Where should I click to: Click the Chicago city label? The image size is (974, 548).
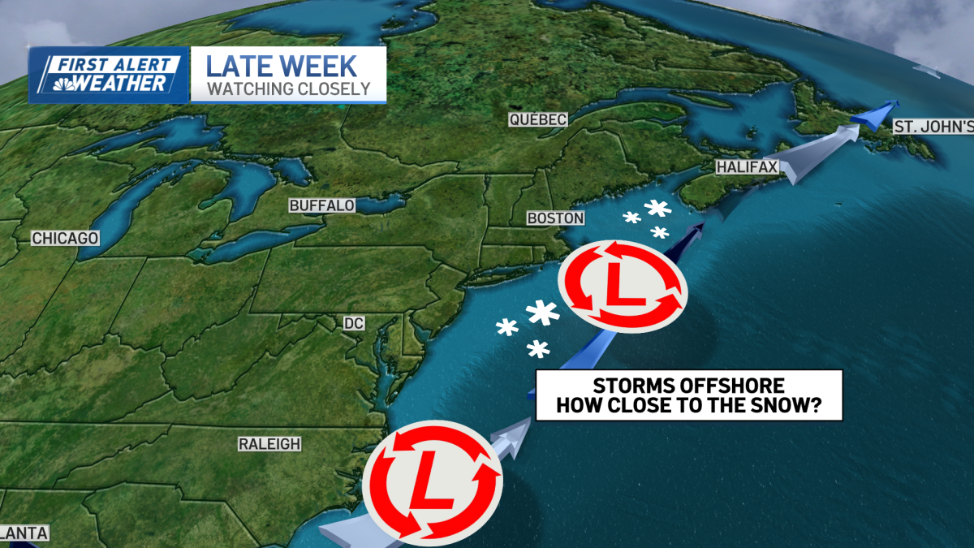(x=65, y=239)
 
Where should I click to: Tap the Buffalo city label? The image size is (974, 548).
(x=321, y=205)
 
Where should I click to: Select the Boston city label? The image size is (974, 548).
(x=555, y=218)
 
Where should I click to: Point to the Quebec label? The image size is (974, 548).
(x=537, y=119)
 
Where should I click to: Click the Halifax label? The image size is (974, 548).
(x=747, y=167)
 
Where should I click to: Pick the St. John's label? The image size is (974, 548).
(x=932, y=127)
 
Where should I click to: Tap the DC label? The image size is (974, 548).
(x=353, y=323)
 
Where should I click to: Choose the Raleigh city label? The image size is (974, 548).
(x=269, y=444)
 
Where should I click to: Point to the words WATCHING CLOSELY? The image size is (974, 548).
(x=288, y=88)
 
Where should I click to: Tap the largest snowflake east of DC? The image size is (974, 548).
(x=541, y=313)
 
